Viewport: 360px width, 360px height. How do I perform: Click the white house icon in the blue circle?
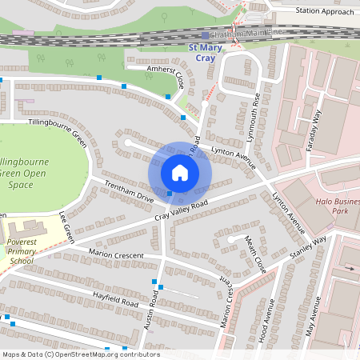coord(180,173)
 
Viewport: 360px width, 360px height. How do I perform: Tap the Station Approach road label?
coord(324,12)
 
